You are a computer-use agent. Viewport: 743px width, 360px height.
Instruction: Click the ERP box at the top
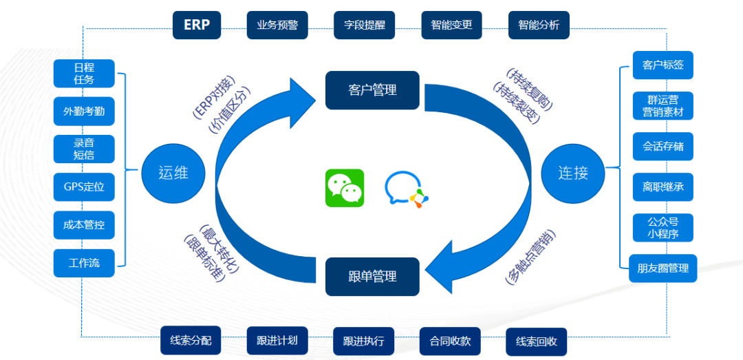coord(197,25)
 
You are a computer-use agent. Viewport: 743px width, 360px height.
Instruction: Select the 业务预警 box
coord(277,25)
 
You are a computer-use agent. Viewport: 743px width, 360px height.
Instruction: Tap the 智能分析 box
coord(539,25)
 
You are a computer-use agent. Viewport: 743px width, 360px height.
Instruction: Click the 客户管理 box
coord(372,90)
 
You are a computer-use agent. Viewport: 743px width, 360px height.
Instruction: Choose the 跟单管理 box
coord(372,277)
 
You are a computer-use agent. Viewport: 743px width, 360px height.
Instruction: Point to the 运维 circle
coord(173,172)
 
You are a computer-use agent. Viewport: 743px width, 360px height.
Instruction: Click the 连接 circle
coord(572,172)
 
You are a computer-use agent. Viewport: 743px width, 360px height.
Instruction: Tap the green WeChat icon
coord(345,188)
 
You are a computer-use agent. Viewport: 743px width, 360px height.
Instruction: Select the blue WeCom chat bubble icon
coord(407,189)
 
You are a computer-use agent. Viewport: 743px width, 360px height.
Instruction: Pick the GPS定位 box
coord(84,187)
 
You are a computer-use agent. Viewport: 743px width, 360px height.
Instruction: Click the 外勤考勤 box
coord(84,111)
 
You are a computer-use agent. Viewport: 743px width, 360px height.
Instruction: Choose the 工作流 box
coord(84,263)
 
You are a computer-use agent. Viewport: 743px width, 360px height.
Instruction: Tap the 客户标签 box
coord(663,65)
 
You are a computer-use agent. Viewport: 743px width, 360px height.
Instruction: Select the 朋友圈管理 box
coord(663,268)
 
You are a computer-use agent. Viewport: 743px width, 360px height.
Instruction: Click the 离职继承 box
coord(663,187)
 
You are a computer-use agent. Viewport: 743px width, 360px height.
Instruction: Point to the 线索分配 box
coord(191,341)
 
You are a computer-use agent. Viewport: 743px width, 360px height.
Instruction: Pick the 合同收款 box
coord(450,341)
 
